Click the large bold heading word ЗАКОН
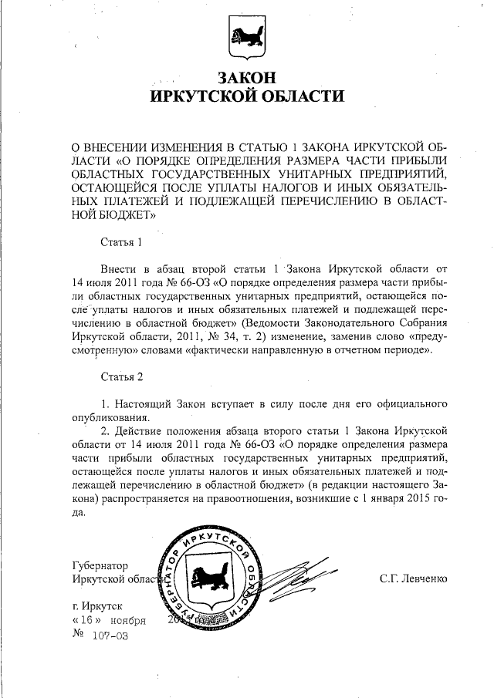click(x=246, y=79)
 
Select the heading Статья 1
click(x=122, y=242)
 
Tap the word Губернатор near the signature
click(x=100, y=565)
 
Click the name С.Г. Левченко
click(x=414, y=578)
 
